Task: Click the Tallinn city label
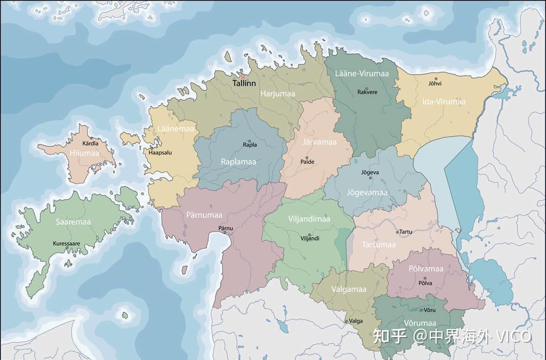[x=244, y=84]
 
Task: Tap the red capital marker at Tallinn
[x=243, y=77]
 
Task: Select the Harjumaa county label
[x=277, y=93]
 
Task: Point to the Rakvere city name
[x=367, y=92]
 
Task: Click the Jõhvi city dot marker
[x=434, y=78]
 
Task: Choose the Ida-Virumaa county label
[x=444, y=101]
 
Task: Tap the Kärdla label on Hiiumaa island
[x=90, y=143]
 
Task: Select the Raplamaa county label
[x=238, y=161]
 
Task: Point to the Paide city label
[x=307, y=161]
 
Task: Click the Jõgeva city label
[x=370, y=172]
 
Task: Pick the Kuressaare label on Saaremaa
[x=66, y=244]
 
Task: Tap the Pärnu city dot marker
[x=226, y=233]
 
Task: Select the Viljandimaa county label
[x=309, y=219]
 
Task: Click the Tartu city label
[x=405, y=232]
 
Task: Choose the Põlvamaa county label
[x=425, y=268]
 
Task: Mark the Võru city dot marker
[x=422, y=310]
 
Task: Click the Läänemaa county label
[x=176, y=129]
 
